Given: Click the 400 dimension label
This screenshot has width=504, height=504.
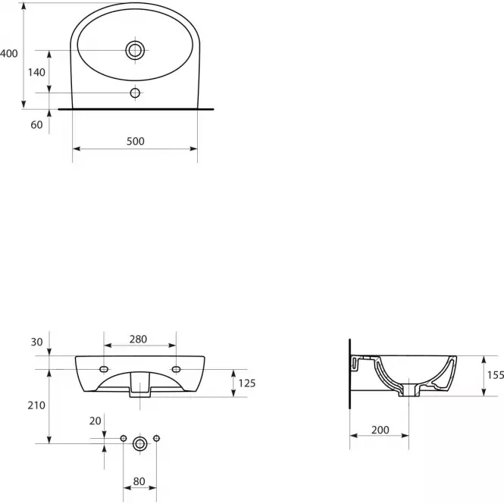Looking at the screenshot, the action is [9, 53].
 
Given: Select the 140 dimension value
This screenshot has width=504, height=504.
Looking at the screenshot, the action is [36, 72].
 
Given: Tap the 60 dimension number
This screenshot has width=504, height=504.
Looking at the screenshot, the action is [36, 125].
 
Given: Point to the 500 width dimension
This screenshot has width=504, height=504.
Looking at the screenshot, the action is [136, 141].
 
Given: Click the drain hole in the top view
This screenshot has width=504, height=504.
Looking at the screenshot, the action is [135, 50].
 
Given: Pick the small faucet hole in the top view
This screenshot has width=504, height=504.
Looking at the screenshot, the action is [135, 93].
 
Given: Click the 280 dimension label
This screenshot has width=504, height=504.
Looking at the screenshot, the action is [138, 339].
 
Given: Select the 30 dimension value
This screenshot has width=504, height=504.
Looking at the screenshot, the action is [36, 342].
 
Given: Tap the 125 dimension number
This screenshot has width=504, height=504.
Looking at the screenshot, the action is [247, 383].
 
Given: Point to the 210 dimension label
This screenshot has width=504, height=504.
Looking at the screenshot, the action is [36, 405].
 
